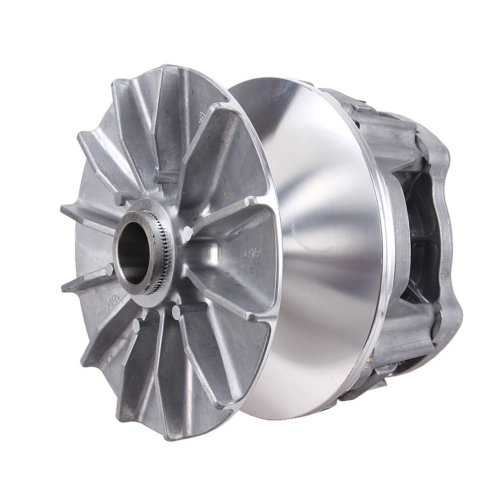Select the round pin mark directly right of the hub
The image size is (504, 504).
pyautogui.click(x=187, y=233)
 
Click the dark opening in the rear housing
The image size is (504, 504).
pyautogui.click(x=423, y=237)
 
